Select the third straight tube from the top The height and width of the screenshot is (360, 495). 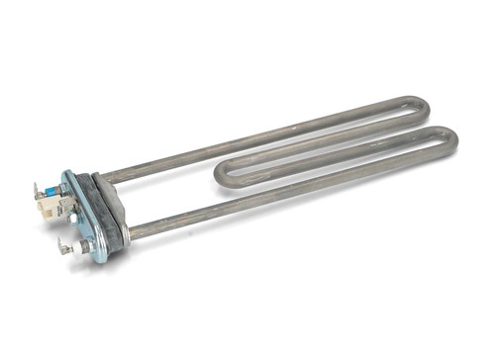tap(327, 168)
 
